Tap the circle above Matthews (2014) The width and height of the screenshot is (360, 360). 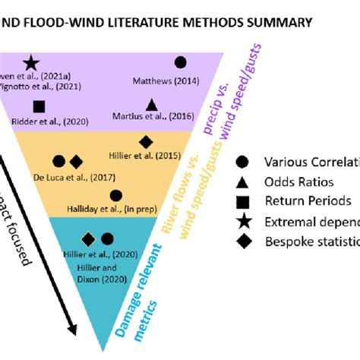click(x=180, y=63)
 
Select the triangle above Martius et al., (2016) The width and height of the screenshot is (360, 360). click(x=151, y=104)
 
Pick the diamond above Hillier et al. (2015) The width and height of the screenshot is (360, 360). click(x=147, y=141)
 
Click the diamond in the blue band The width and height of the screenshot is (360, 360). click(x=89, y=238)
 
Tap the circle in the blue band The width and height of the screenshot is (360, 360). click(x=107, y=238)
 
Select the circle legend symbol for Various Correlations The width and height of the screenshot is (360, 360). click(x=242, y=161)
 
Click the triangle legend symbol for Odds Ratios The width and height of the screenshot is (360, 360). click(x=242, y=181)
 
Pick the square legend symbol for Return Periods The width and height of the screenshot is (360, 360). click(x=242, y=201)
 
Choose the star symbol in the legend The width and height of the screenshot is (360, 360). click(x=242, y=221)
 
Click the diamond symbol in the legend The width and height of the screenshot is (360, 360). click(x=242, y=242)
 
